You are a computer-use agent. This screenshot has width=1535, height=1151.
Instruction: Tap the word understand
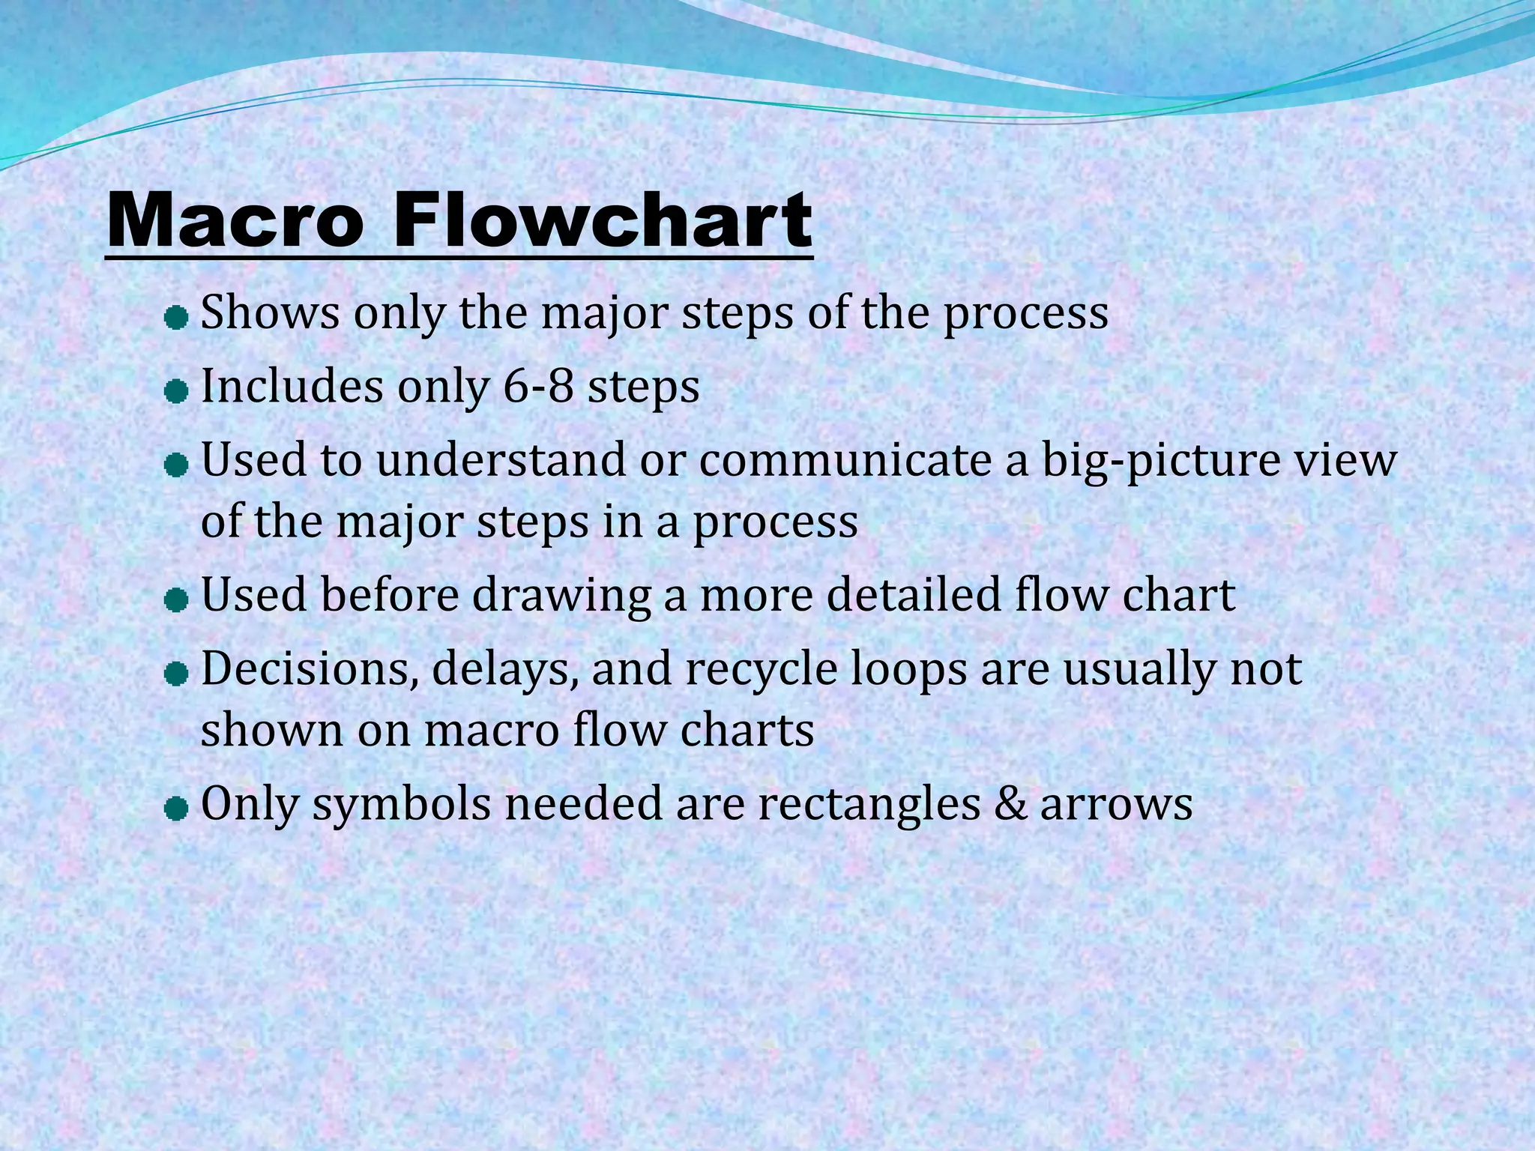pyautogui.click(x=501, y=459)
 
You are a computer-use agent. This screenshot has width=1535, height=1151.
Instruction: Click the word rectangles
pyautogui.click(x=868, y=806)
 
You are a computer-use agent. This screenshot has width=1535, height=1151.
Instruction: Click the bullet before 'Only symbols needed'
pyautogui.click(x=175, y=809)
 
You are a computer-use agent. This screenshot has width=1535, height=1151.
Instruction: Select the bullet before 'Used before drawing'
pyautogui.click(x=175, y=601)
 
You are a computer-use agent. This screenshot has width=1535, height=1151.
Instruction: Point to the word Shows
pyautogui.click(x=270, y=312)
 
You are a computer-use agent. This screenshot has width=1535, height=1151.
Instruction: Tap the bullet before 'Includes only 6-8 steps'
pyautogui.click(x=175, y=392)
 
